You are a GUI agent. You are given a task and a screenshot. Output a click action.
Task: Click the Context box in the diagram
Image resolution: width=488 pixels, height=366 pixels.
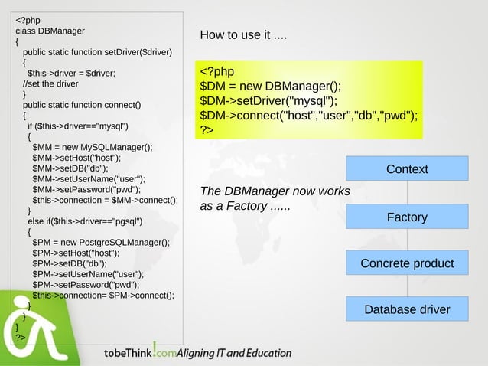pos(406,168)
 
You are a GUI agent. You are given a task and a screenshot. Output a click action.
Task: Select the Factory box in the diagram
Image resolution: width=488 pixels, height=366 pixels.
pos(406,217)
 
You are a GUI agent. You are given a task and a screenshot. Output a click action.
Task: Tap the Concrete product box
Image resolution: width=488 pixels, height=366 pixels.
pos(406,263)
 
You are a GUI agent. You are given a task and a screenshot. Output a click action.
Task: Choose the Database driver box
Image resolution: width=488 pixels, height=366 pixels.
pos(406,309)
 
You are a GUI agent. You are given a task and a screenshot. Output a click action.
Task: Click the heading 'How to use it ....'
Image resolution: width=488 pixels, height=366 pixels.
pos(243,35)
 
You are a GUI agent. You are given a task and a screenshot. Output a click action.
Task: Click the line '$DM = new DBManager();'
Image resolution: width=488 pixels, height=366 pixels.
pos(270,86)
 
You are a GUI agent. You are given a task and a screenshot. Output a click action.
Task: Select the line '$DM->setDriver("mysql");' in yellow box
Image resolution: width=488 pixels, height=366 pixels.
pos(268,100)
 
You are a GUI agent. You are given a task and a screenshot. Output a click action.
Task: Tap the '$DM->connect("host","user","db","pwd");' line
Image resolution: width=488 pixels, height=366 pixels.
pos(308,116)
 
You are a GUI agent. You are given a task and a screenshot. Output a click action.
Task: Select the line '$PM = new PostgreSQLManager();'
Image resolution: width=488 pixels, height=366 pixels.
pos(101,243)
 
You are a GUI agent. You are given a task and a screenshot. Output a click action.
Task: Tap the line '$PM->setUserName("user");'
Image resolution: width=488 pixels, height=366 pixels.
pos(88,274)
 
